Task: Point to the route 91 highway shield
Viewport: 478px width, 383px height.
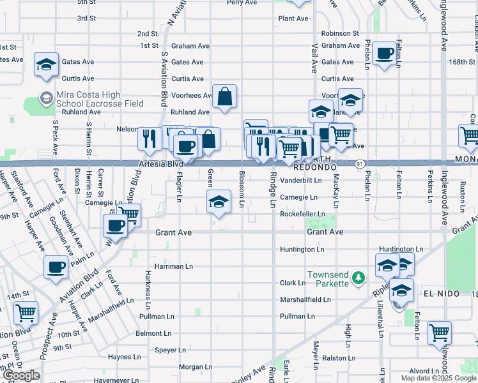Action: [x=360, y=164]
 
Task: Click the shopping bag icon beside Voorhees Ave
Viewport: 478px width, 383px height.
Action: [x=225, y=97]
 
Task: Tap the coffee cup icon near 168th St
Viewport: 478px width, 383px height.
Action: [x=385, y=54]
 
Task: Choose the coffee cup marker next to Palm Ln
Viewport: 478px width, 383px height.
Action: [x=56, y=267]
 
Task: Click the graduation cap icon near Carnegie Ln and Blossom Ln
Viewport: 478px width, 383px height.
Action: [x=219, y=202]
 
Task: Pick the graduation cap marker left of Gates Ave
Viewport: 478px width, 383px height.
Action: [x=47, y=64]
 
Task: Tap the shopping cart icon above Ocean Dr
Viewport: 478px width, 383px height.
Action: [x=26, y=313]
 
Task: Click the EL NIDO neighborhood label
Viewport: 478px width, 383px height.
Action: [x=438, y=293]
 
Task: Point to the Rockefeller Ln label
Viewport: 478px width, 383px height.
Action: [x=303, y=214]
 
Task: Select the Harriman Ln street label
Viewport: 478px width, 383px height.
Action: [x=174, y=266]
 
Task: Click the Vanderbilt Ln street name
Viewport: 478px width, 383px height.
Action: [x=300, y=181]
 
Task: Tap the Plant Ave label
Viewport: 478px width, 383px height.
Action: [x=293, y=19]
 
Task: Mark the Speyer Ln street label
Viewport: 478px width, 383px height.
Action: [x=169, y=350]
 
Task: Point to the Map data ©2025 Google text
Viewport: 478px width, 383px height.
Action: [x=438, y=378]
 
